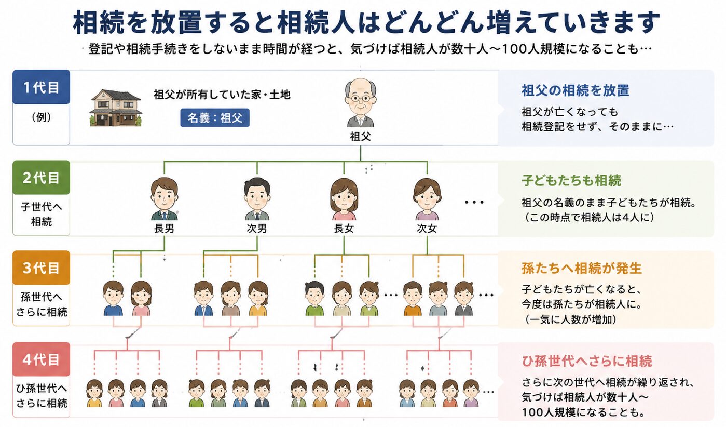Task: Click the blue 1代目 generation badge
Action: pos(41,87)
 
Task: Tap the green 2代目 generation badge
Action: pos(41,178)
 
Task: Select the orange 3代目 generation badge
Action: pos(41,268)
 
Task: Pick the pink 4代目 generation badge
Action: pos(41,359)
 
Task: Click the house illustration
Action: pos(116,108)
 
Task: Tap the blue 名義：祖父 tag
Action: pos(215,117)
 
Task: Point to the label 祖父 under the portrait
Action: pos(360,136)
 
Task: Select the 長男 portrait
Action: pos(165,198)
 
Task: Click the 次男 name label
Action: pos(257,229)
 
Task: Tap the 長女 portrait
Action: pos(344,199)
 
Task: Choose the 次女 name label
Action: pos(427,229)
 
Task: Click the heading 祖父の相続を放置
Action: pos(576,90)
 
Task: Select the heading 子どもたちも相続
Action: pos(571,180)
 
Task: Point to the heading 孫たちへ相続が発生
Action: pos(581,269)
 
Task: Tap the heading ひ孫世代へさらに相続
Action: pos(586,361)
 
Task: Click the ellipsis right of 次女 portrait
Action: pos(474,202)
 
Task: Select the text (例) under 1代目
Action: pos(41,117)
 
